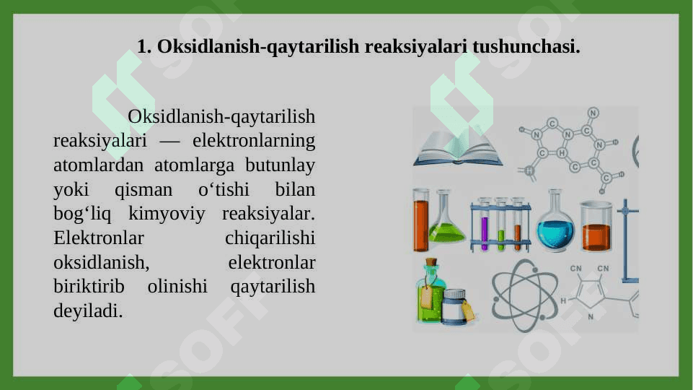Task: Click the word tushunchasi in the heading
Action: (x=526, y=46)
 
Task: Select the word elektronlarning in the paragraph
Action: (x=254, y=141)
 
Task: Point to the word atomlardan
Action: (x=99, y=165)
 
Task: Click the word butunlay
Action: (x=281, y=166)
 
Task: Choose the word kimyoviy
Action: (x=167, y=214)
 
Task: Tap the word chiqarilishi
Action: (x=270, y=238)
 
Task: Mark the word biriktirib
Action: (x=89, y=287)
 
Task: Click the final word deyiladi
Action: (x=88, y=311)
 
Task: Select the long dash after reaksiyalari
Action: (x=169, y=142)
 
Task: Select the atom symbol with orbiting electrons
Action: (x=524, y=295)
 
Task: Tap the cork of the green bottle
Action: (x=431, y=262)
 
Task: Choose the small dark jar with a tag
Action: (x=454, y=306)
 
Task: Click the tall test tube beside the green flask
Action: (x=420, y=220)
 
